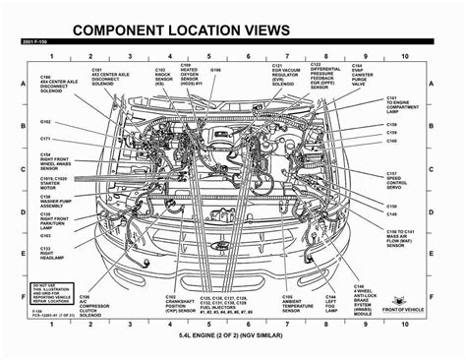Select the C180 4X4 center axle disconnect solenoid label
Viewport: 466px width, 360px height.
coord(60,85)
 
